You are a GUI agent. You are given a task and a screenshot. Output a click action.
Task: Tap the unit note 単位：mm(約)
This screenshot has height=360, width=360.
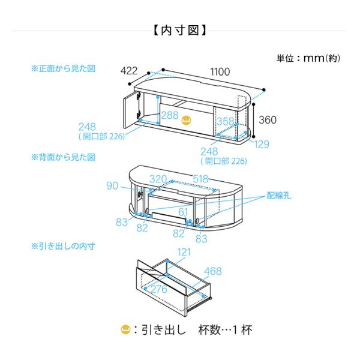(x=309, y=59)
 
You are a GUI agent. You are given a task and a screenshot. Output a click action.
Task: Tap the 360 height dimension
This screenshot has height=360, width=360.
(x=268, y=119)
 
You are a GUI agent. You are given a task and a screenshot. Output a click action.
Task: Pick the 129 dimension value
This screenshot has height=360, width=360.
(x=261, y=145)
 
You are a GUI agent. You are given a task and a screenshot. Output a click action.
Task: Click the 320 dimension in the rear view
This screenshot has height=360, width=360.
(x=158, y=178)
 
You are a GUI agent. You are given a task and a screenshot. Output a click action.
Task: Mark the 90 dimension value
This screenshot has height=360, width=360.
(x=112, y=186)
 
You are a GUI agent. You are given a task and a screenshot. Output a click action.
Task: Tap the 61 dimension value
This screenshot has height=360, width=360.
(x=183, y=211)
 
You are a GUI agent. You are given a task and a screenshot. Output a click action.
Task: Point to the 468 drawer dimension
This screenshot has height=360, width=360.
(x=213, y=272)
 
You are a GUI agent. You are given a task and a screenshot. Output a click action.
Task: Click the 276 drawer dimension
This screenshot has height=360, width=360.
(x=157, y=290)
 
